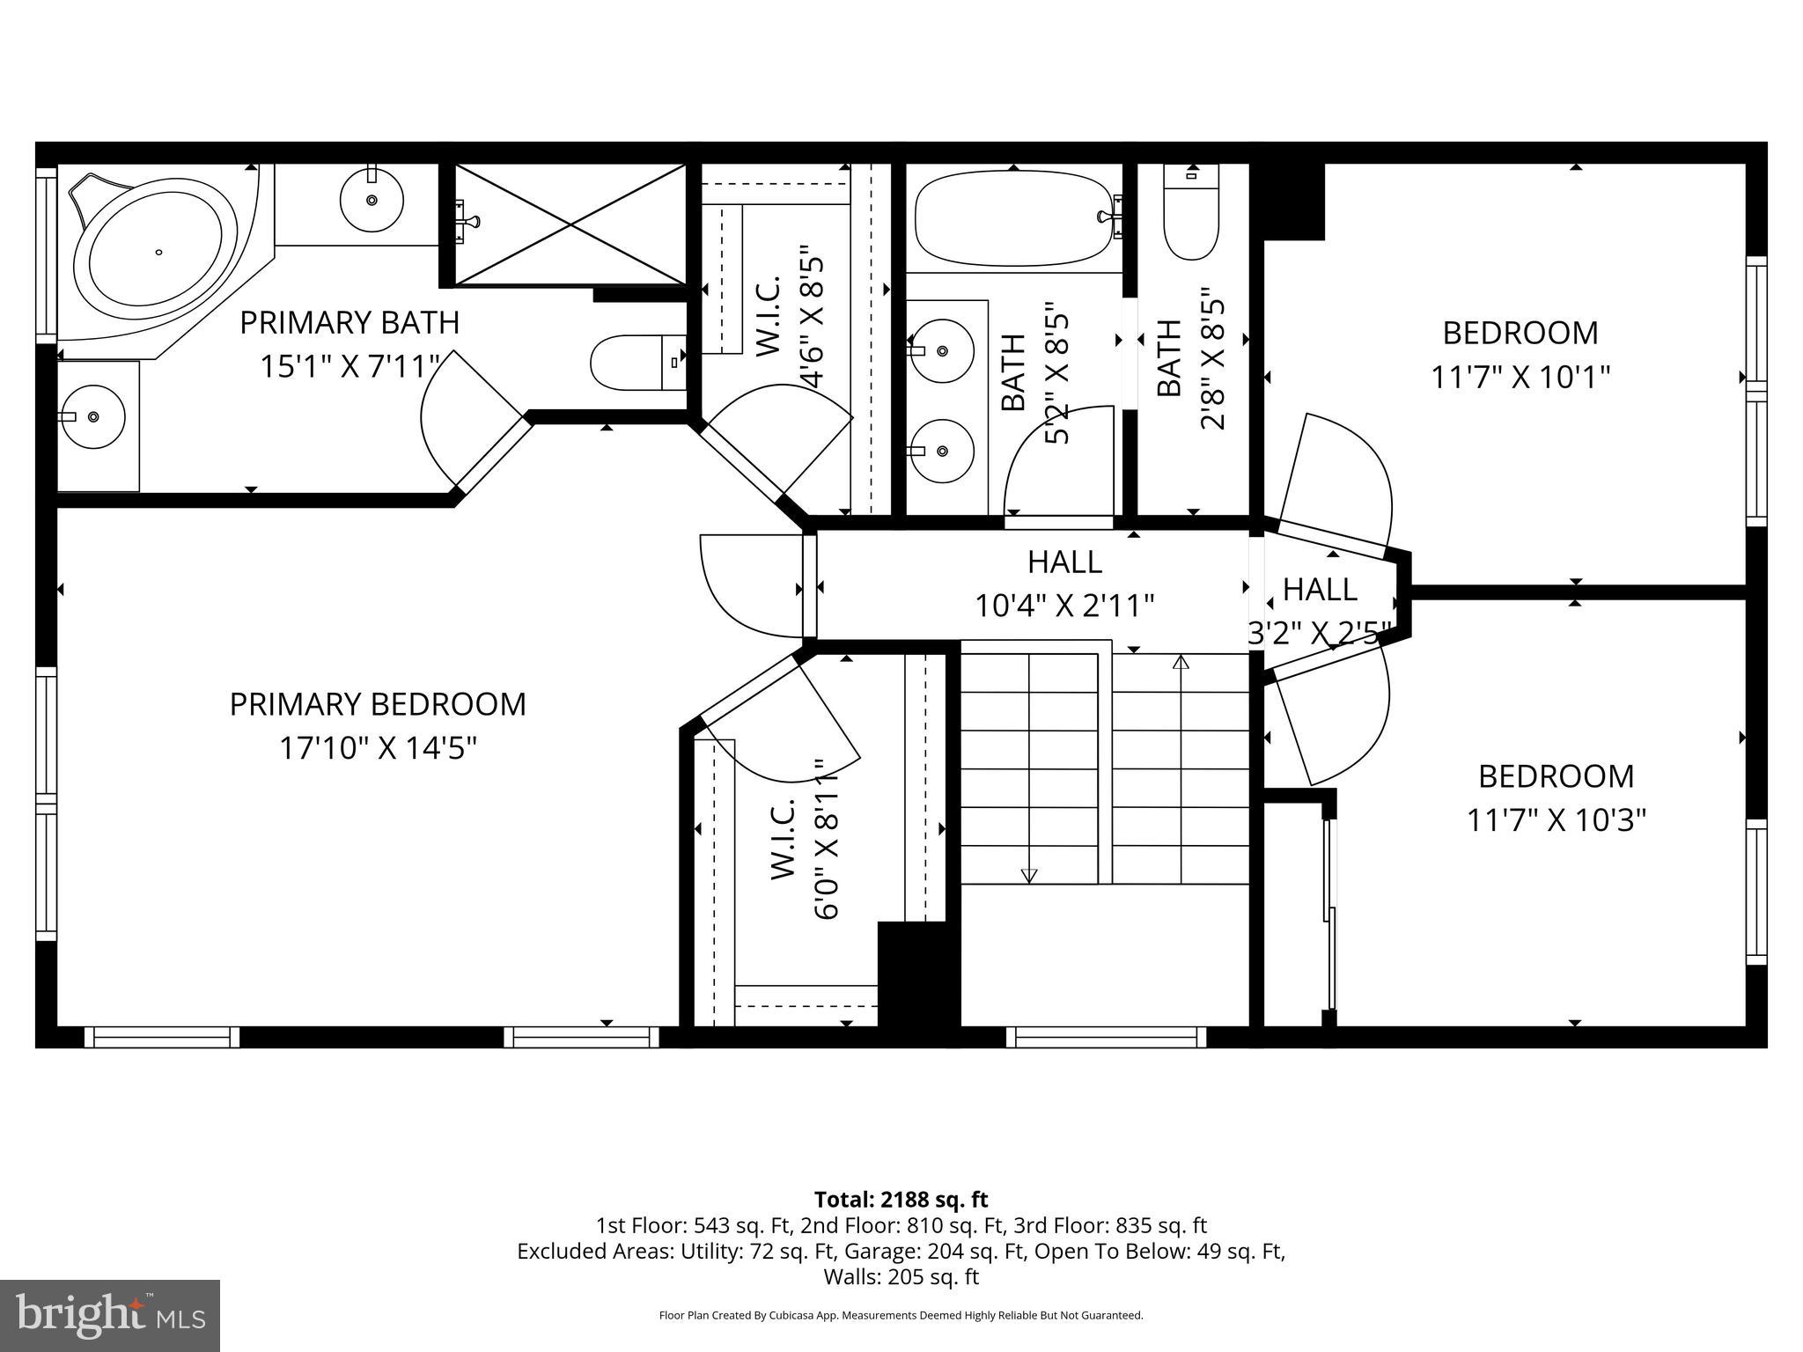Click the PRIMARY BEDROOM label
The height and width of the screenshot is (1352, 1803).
(x=378, y=704)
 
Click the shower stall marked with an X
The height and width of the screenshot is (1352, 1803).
(x=570, y=224)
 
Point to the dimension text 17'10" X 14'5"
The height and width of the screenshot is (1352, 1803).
(x=378, y=749)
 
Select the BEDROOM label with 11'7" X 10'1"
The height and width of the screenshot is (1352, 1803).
(x=1520, y=333)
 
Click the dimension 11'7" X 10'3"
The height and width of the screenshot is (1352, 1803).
(x=1556, y=821)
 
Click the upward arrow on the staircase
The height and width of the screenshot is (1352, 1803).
(x=1181, y=663)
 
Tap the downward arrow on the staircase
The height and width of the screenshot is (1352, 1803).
(x=1028, y=875)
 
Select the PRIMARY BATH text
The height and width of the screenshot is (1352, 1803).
(x=350, y=323)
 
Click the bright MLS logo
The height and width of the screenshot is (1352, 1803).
(x=110, y=1316)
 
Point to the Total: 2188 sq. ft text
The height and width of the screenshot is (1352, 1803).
(x=901, y=1200)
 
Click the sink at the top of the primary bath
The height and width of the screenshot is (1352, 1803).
(x=372, y=202)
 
